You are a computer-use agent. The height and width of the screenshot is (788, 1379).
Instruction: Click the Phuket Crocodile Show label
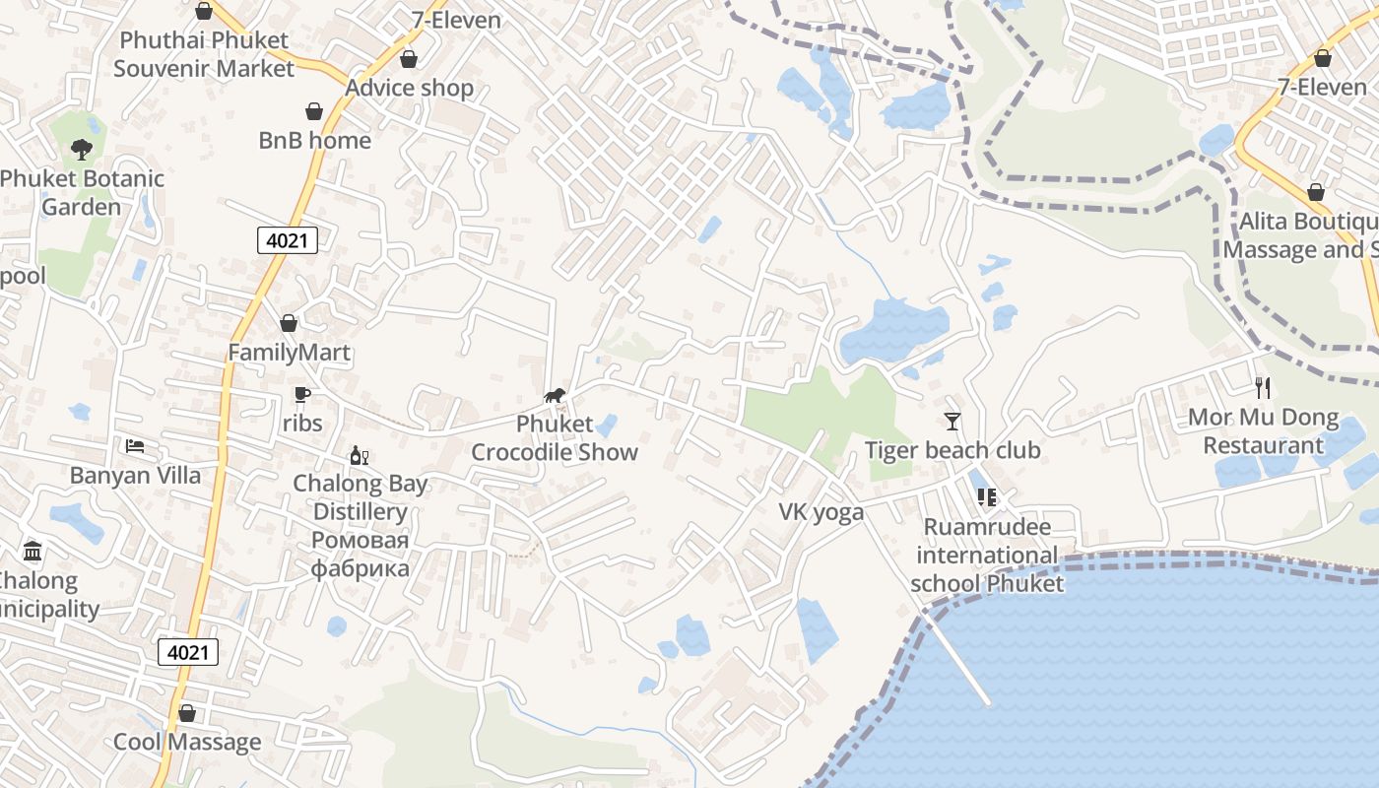click(x=555, y=438)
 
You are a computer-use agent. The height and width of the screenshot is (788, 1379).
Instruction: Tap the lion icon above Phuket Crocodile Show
click(x=555, y=396)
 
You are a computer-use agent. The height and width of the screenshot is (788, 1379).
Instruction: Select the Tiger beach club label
click(x=952, y=451)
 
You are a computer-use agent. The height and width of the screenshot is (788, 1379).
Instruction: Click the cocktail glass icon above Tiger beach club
click(x=952, y=422)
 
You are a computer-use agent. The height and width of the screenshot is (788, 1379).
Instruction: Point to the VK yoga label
click(x=821, y=512)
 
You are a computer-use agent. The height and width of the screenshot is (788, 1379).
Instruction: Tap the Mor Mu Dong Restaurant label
click(x=1264, y=431)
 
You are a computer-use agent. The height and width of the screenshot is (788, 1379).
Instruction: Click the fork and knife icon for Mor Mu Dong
click(x=1264, y=388)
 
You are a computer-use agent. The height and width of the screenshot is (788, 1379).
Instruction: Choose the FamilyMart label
click(x=290, y=353)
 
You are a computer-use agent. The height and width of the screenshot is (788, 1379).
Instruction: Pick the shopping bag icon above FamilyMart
click(x=289, y=323)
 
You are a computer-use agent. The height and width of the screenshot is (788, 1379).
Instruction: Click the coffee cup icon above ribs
click(x=302, y=395)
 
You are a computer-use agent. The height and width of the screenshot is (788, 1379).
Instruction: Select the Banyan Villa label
click(x=135, y=476)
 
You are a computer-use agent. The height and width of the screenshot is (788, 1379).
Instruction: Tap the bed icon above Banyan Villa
click(x=135, y=446)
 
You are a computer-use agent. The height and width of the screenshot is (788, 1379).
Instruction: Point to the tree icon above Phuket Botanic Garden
click(x=82, y=150)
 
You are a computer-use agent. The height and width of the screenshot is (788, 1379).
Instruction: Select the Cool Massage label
click(x=187, y=742)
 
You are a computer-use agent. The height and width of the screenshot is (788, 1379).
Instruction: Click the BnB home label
click(x=315, y=141)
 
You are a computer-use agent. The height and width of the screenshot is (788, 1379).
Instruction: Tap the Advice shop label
click(x=409, y=88)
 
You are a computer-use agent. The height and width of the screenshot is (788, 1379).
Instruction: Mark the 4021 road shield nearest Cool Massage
click(x=188, y=652)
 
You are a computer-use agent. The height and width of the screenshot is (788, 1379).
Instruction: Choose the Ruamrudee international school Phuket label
click(x=987, y=555)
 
